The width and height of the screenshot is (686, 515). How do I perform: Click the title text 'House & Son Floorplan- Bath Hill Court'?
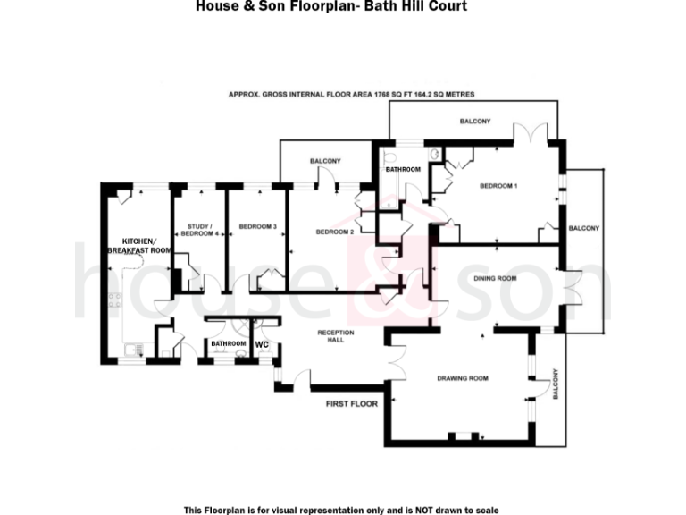(x=330, y=6)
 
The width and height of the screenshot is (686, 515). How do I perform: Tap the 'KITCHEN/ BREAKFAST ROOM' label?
(x=138, y=247)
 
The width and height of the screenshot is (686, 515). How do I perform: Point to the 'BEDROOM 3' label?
(x=256, y=226)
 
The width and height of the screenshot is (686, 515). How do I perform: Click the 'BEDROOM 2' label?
(x=336, y=232)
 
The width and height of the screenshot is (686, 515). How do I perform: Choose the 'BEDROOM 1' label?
(x=498, y=186)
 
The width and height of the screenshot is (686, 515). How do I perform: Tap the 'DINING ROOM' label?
(x=495, y=279)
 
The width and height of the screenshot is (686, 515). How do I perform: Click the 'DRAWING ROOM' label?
(x=463, y=378)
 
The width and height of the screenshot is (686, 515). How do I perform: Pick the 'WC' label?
(x=263, y=343)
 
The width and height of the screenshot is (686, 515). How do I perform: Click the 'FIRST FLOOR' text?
(x=351, y=404)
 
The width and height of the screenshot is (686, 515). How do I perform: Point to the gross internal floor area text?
(x=351, y=94)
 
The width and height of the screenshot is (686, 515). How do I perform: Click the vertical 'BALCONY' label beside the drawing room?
(x=555, y=384)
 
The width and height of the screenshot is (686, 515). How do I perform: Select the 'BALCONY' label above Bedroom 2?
(x=326, y=161)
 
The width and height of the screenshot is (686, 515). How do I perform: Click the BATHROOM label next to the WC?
(x=228, y=343)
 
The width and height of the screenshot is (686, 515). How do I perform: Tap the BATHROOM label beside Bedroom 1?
(x=403, y=169)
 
